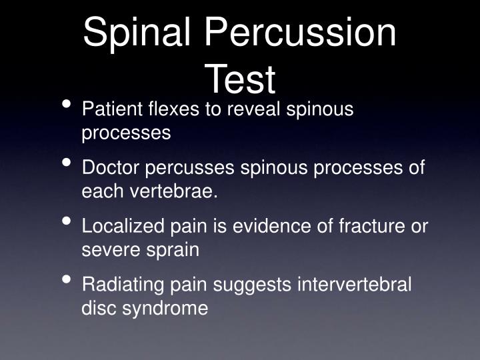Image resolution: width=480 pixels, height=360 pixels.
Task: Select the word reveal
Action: [x=256, y=109]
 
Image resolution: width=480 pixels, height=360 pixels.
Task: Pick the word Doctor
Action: [x=107, y=167]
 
